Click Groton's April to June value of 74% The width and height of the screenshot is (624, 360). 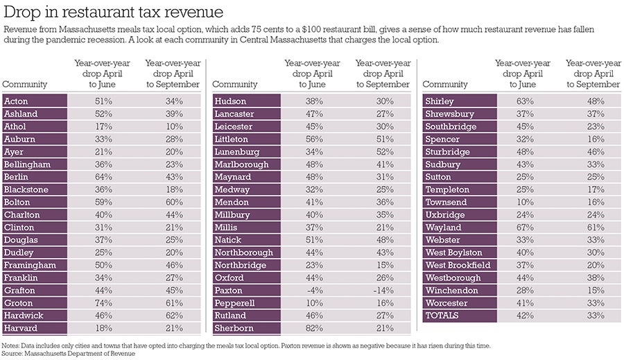click(x=103, y=303)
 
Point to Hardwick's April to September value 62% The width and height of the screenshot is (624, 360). click(x=173, y=316)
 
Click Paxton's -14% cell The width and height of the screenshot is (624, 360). click(x=383, y=290)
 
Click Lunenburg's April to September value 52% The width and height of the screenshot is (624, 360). click(x=383, y=151)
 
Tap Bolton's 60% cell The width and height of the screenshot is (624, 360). click(x=173, y=202)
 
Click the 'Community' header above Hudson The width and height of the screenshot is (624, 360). click(x=234, y=85)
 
